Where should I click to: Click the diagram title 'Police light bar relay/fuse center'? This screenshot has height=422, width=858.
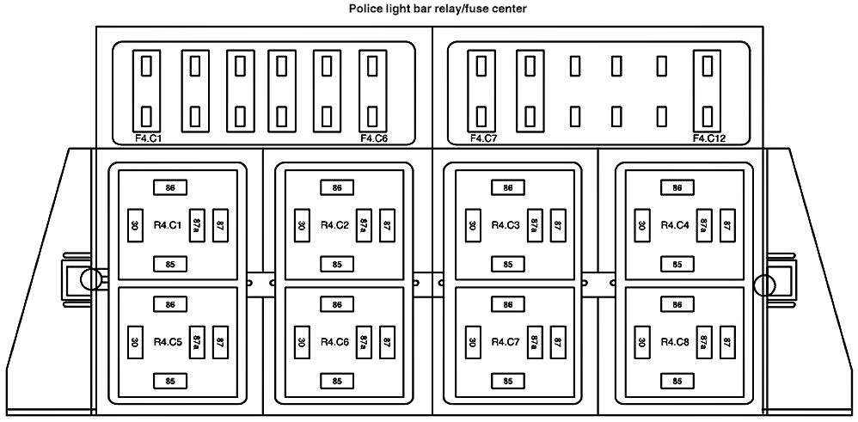(x=429, y=9)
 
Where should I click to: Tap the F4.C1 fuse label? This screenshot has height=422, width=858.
(x=149, y=138)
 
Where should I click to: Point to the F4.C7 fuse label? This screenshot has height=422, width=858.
(x=485, y=138)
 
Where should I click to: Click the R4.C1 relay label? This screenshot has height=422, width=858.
(x=166, y=225)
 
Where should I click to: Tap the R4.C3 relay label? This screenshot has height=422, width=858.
(x=505, y=225)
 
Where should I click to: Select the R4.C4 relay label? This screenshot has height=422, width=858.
(x=674, y=225)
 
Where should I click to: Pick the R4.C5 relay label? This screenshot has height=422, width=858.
(x=166, y=342)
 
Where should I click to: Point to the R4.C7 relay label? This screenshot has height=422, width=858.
(x=505, y=342)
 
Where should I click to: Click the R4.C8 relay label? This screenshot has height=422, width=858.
(x=674, y=342)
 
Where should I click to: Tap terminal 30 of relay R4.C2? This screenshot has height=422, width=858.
(x=302, y=225)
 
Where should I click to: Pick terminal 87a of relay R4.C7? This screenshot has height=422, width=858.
(x=534, y=341)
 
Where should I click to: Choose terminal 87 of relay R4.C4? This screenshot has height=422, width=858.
(x=727, y=224)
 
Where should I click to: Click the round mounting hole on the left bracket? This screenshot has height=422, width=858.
(x=88, y=278)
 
